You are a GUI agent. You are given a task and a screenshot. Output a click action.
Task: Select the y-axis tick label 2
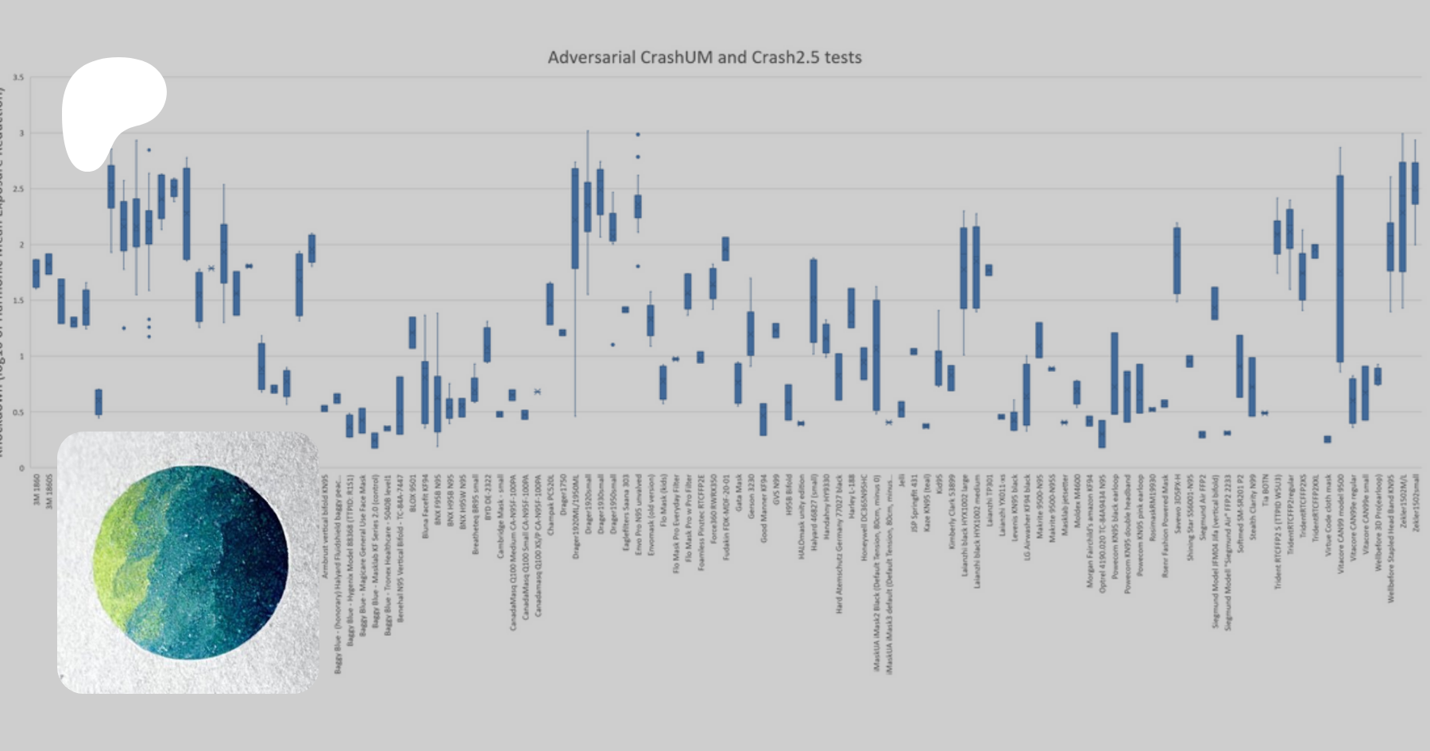pos(21,245)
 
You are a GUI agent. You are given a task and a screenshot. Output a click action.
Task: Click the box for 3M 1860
pos(36,273)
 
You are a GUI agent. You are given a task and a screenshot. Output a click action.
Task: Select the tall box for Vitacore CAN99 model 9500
pos(1339,269)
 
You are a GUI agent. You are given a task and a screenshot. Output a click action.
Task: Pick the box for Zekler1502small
pos(1415,184)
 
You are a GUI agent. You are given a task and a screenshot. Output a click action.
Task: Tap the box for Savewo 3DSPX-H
pos(1177,261)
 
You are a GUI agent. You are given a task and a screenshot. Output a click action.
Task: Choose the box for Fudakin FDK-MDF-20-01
pos(725,249)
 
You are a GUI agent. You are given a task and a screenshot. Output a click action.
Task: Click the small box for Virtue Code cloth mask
pos(1327,439)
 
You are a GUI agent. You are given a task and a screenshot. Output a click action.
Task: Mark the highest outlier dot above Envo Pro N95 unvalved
pos(638,135)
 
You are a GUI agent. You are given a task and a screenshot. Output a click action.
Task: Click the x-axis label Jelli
pos(902,481)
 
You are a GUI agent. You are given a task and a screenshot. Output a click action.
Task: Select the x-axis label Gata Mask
pos(739,494)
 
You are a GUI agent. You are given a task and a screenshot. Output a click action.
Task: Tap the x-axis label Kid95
pos(939,485)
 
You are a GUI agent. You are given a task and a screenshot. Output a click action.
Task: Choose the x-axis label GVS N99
pos(776,490)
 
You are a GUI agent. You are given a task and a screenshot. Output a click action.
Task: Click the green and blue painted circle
pos(191,563)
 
